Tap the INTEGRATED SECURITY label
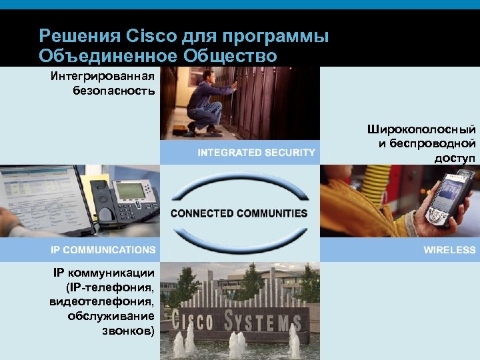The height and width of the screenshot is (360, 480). click(x=256, y=153)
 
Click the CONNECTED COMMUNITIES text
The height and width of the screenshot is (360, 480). click(x=239, y=213)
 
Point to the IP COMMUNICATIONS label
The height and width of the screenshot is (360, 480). click(x=103, y=250)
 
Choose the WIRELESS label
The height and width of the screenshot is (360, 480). click(x=449, y=250)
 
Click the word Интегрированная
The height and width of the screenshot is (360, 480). click(x=103, y=75)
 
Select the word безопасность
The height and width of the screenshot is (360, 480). click(x=114, y=90)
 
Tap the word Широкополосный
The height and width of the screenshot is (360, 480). click(x=421, y=129)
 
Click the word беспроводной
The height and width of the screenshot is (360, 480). click(x=435, y=143)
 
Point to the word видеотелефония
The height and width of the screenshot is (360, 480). click(x=103, y=301)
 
